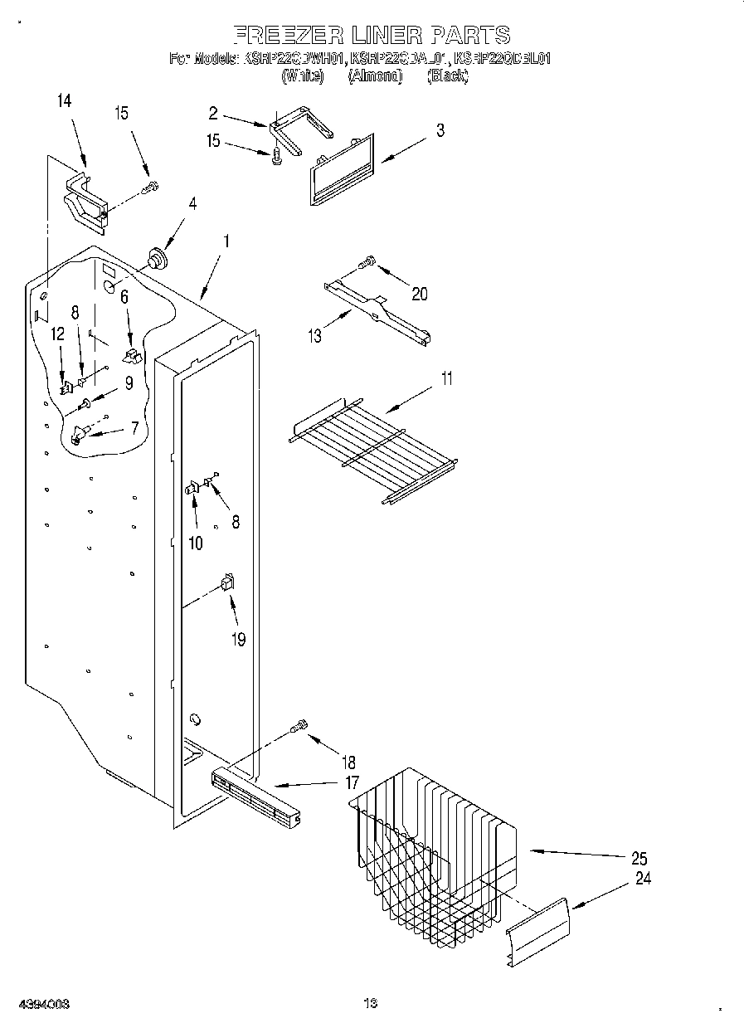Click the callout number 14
coord(64,101)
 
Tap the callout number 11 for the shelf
coord(446,379)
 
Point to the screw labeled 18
coord(299,727)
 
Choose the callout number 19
coord(238,640)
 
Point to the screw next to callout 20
coord(367,263)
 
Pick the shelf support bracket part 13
coord(377,310)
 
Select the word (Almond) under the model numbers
coord(374,76)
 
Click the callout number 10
coord(196,543)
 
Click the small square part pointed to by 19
coord(226,583)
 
